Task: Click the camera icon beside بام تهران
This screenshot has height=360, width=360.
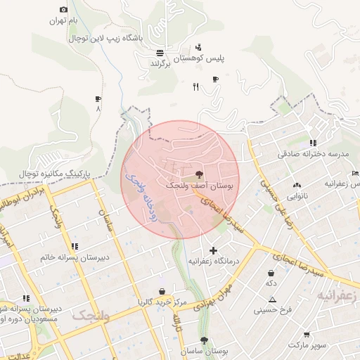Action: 64,9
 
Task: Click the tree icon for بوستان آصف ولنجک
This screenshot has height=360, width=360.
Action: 199,174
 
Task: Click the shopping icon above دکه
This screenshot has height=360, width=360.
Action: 271,272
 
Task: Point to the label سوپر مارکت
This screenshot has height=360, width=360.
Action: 307,345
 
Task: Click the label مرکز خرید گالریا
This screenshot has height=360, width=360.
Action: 162,302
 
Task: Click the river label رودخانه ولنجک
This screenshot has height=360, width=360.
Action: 141,198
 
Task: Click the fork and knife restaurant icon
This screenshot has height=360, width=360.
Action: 195,87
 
